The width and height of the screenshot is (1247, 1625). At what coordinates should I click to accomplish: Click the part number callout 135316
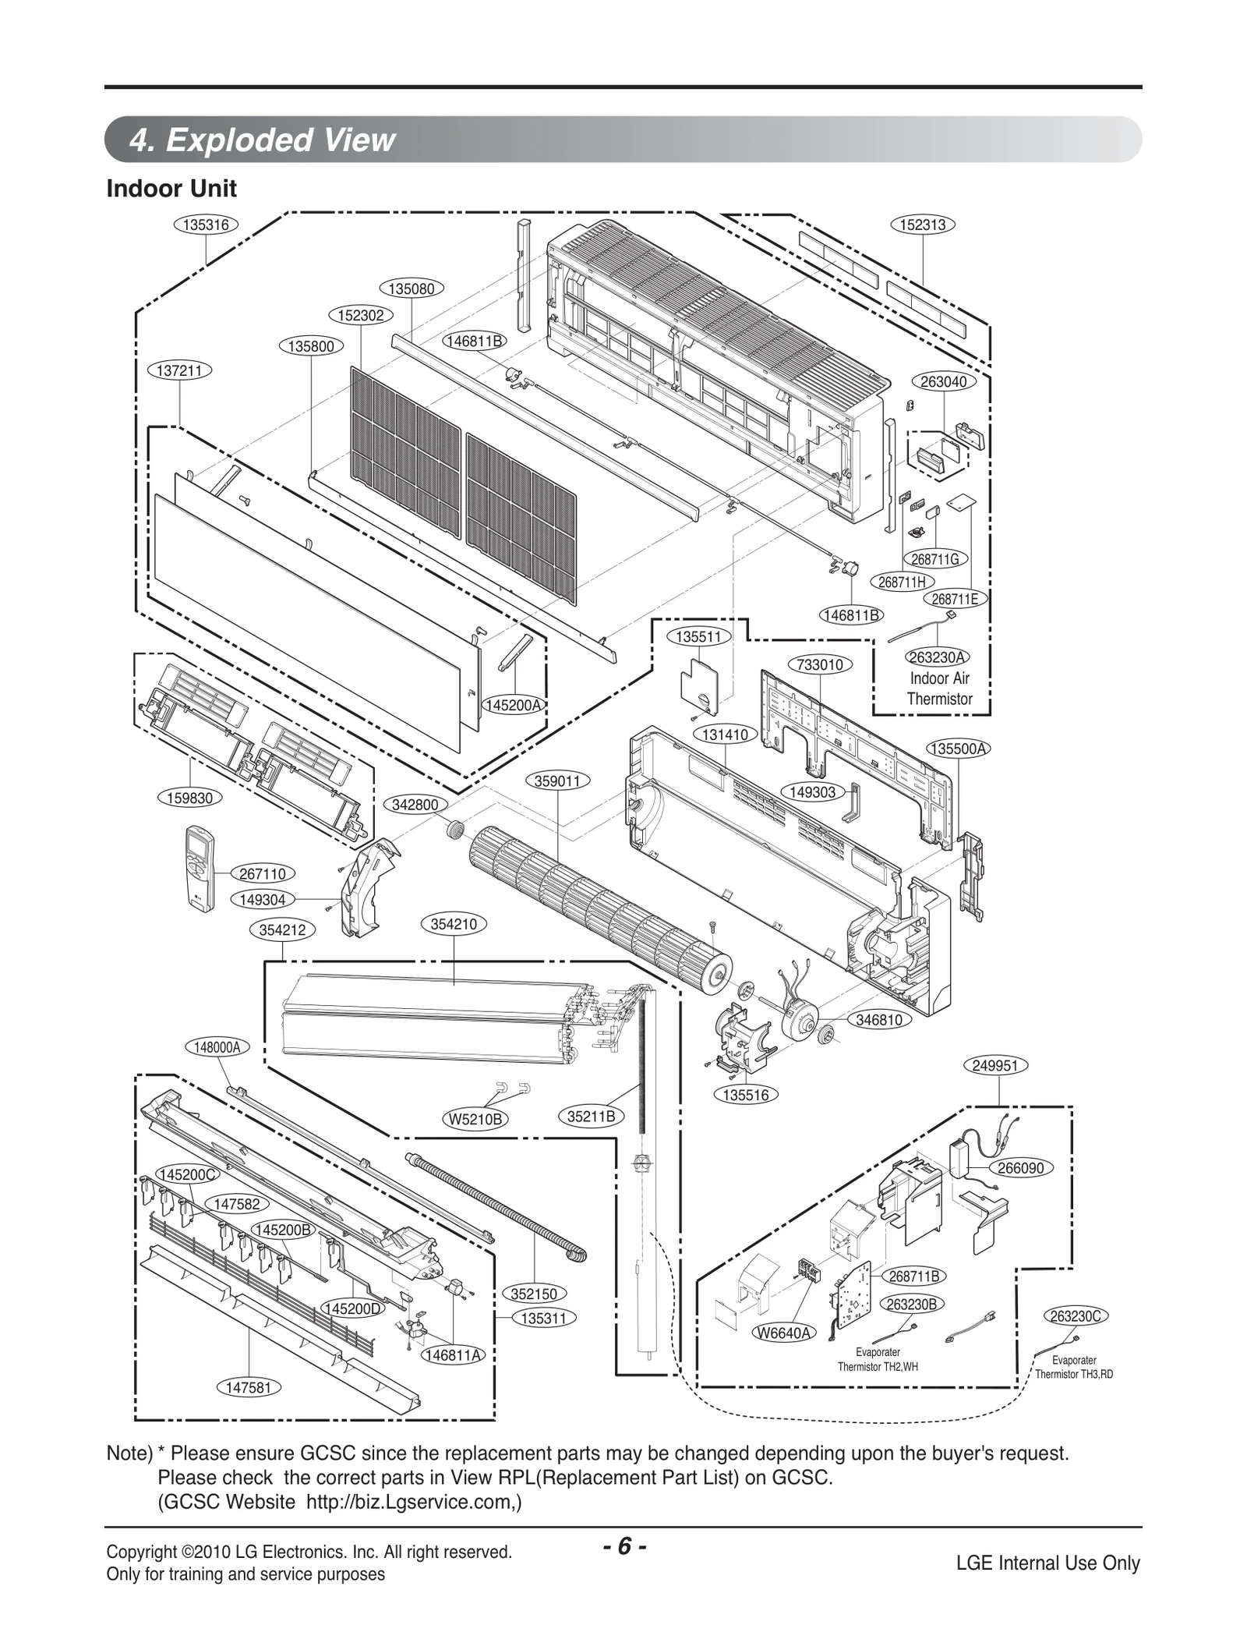pos(205,225)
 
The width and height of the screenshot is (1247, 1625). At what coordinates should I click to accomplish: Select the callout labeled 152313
pos(923,225)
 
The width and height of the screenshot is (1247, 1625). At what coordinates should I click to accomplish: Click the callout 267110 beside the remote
pos(262,874)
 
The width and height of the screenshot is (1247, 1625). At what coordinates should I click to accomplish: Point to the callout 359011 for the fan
pos(557,781)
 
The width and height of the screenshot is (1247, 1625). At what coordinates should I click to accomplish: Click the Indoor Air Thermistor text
pos(939,689)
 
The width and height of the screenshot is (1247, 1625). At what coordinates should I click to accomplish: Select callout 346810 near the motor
pos(879,1019)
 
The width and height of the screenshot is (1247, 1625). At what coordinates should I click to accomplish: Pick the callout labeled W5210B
pos(475,1119)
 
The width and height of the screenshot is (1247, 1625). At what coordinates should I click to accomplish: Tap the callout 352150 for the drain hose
pos(534,1294)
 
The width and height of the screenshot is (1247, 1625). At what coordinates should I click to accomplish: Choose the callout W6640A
pos(784,1333)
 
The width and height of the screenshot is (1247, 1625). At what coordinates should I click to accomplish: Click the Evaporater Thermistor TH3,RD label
pos(1073,1367)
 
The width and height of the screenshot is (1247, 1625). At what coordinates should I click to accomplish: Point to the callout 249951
pos(996,1065)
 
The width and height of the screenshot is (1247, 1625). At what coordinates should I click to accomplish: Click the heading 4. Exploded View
pos(262,140)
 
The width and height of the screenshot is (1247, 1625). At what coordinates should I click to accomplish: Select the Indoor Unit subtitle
pos(171,189)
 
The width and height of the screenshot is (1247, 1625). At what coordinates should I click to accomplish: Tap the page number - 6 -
pos(623,1546)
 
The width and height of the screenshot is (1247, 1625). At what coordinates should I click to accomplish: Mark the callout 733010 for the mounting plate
pos(820,664)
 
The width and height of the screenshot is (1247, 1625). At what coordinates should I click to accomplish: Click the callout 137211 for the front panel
pos(180,370)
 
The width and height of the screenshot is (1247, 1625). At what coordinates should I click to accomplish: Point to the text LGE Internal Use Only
pos(1047,1563)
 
